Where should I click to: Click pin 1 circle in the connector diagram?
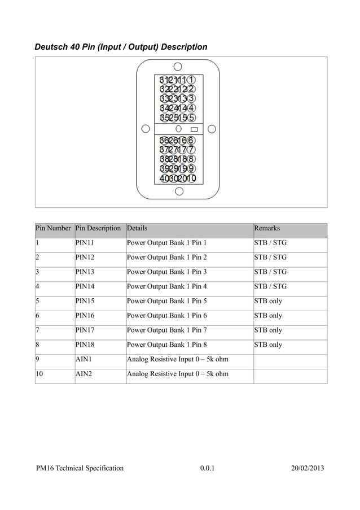click(x=192, y=80)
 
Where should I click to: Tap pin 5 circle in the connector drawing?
click(x=192, y=118)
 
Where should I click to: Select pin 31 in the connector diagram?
click(x=163, y=80)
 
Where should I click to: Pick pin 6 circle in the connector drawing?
click(x=192, y=140)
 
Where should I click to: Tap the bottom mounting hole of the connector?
click(x=179, y=191)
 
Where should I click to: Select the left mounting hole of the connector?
click(x=146, y=129)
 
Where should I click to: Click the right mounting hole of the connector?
click(x=212, y=129)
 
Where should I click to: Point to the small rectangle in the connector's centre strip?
click(x=194, y=129)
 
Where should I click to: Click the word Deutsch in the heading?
click(x=51, y=47)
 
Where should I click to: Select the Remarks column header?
click(x=267, y=228)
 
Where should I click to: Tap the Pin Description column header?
click(x=98, y=228)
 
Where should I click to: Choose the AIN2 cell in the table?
click(x=84, y=373)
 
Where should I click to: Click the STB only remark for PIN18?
click(x=268, y=345)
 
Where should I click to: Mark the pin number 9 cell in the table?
click(x=38, y=359)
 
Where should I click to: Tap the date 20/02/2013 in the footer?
click(x=308, y=468)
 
